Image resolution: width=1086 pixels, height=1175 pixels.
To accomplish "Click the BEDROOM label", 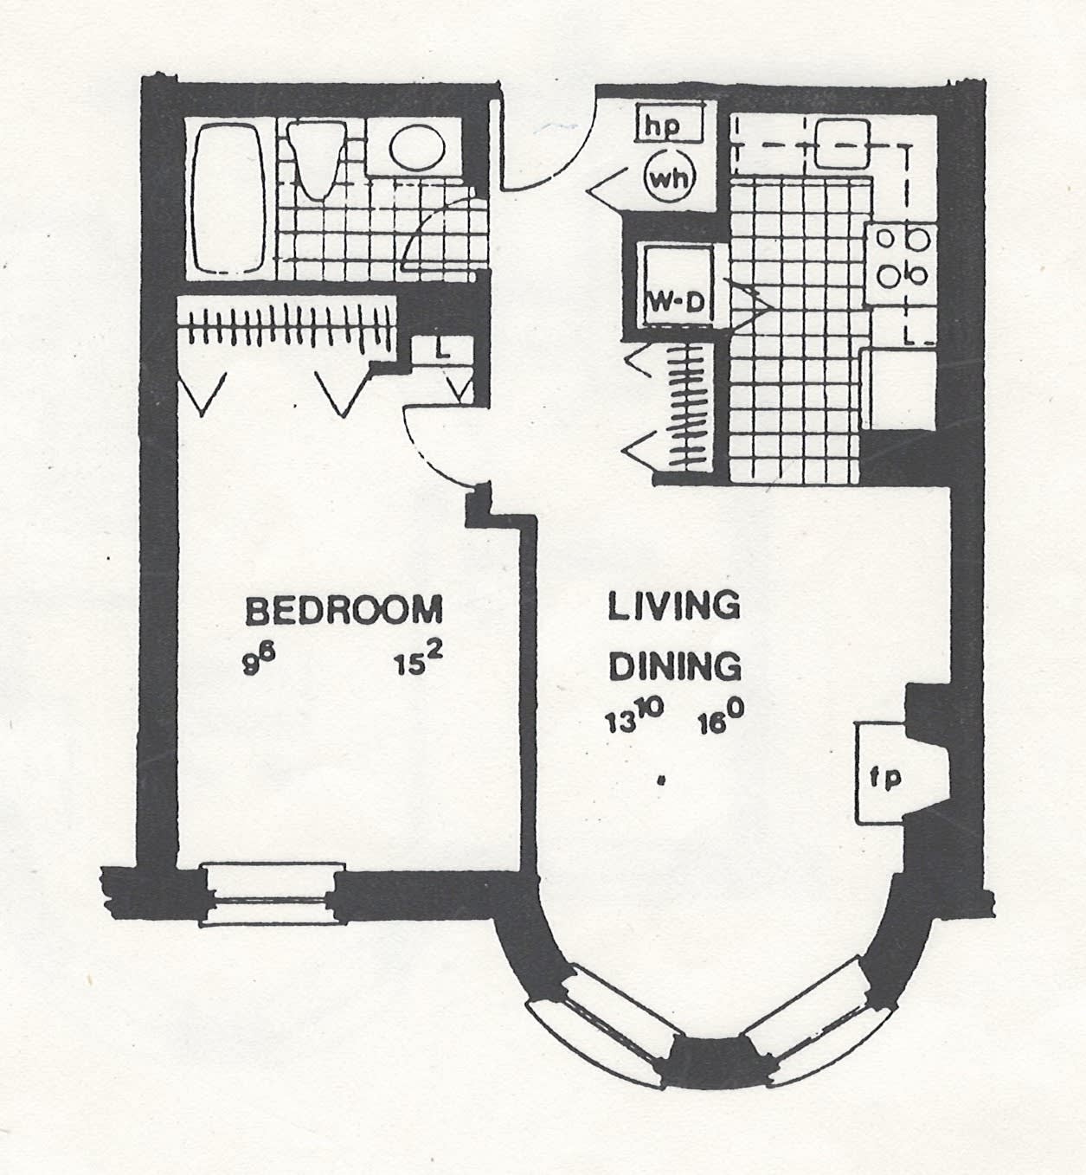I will coord(344,610).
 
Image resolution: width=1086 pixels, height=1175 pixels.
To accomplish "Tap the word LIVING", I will coord(673,606).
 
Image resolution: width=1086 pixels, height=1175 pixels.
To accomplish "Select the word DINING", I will coord(675,666).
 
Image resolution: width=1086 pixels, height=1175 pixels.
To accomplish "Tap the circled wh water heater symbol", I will coord(672,180).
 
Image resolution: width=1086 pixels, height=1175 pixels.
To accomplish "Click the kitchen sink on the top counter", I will coord(840,143).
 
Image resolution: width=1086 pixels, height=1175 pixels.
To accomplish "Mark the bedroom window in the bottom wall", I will coord(272,894).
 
